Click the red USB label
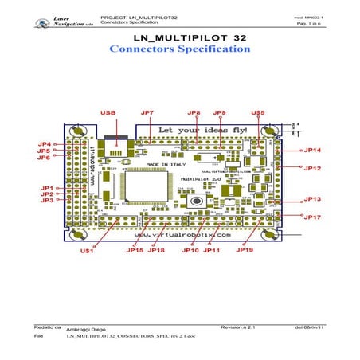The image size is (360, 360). (108, 113)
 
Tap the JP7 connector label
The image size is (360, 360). (147, 113)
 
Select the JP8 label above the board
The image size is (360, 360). (194, 113)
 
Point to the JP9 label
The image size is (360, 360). (220, 113)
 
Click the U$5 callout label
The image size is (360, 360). (257, 113)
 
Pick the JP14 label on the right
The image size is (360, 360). (311, 150)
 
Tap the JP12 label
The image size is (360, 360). (311, 168)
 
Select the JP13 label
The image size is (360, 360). (311, 199)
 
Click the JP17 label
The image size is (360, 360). (311, 217)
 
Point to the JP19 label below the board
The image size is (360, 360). (245, 250)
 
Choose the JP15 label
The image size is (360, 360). (135, 250)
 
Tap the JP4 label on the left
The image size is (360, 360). (45, 144)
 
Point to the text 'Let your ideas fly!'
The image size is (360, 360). (203, 129)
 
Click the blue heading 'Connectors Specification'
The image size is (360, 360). (179, 49)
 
